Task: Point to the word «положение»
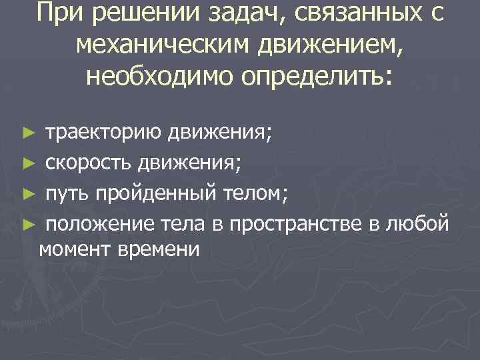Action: [x=94, y=223]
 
